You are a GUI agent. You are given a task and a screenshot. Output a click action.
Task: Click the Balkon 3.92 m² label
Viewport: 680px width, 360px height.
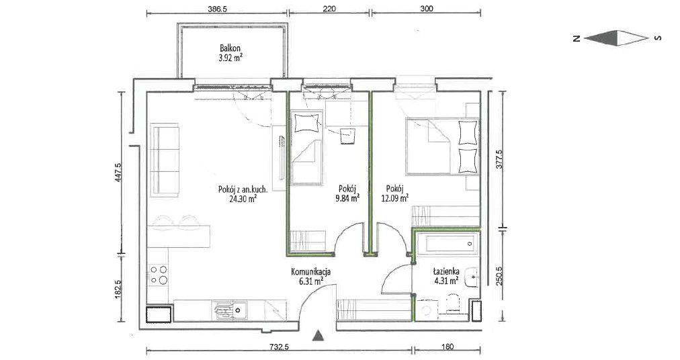pos(230,53)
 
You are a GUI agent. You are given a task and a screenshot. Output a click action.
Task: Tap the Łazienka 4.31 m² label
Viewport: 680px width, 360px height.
pos(445,276)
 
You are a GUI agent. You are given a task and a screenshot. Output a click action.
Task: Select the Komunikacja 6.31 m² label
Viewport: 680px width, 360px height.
pos(311,277)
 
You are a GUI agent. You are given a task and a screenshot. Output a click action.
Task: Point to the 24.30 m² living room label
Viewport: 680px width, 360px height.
pos(243,194)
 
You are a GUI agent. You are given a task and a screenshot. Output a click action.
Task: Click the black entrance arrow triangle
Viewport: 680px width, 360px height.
pos(318,335)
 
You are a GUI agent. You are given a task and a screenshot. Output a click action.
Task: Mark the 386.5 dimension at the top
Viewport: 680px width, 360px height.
pos(218,8)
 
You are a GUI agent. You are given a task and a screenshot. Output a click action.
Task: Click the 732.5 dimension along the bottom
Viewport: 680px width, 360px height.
pos(279,347)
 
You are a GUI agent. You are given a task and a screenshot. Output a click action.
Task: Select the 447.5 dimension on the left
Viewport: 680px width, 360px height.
pos(118,172)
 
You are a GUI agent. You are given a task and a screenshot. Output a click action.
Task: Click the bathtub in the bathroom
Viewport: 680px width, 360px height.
pos(447,243)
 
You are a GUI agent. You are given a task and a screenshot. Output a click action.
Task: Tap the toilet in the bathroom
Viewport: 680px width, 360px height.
pos(453,304)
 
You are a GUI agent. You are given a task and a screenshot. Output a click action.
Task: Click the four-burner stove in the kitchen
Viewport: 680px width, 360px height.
pos(159,275)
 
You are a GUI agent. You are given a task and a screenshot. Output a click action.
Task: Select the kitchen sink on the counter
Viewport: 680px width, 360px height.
pos(230,310)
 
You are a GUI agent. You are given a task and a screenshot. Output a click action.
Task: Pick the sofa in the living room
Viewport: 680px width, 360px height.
pos(165,160)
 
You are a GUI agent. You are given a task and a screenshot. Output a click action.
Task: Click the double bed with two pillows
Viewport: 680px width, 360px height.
pos(442,146)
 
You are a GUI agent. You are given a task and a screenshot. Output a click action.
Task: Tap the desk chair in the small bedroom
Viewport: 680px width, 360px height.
pos(347,136)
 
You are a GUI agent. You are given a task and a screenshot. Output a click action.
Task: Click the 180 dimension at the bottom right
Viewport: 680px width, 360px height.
pos(448,347)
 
